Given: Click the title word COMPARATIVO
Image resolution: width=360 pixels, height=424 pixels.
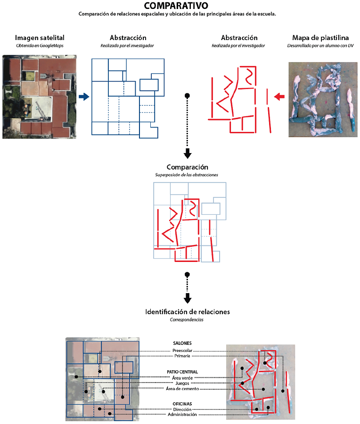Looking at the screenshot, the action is (176, 5).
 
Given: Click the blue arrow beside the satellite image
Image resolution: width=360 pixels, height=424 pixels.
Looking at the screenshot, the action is (84, 97).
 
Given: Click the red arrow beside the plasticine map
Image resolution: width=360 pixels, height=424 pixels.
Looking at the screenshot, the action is (279, 97).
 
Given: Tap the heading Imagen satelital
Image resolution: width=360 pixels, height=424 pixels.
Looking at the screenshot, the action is (40, 38).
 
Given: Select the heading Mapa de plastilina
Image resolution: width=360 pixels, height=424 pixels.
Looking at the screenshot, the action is (320, 38).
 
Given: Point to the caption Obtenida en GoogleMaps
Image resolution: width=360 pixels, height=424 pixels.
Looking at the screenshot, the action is (40, 46).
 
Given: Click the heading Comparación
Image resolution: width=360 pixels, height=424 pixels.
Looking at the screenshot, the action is (187, 167).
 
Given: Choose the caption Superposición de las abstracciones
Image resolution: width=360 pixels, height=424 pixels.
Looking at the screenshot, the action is (187, 175).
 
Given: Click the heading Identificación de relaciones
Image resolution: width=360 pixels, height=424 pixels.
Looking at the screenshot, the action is (188, 312).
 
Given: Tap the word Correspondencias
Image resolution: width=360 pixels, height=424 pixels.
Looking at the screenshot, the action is (187, 319).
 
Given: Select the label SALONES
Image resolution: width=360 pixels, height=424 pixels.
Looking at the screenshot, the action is (182, 343).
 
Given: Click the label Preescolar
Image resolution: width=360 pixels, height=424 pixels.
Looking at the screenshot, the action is (182, 351).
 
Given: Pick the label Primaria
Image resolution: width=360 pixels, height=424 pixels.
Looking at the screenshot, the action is (182, 356).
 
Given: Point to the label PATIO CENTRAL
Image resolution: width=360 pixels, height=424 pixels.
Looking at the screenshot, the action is (182, 372).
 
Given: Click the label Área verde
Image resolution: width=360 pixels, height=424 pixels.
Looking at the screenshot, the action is (182, 378).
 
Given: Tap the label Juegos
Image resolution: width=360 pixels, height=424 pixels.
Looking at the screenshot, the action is (182, 383).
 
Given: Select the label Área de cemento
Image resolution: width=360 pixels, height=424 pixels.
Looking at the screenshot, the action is (182, 389).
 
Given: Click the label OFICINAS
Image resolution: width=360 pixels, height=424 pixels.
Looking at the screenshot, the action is (182, 404).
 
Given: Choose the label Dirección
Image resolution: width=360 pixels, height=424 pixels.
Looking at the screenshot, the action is (182, 409).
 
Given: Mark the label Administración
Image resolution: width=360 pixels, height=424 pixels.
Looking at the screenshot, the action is (182, 415).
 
